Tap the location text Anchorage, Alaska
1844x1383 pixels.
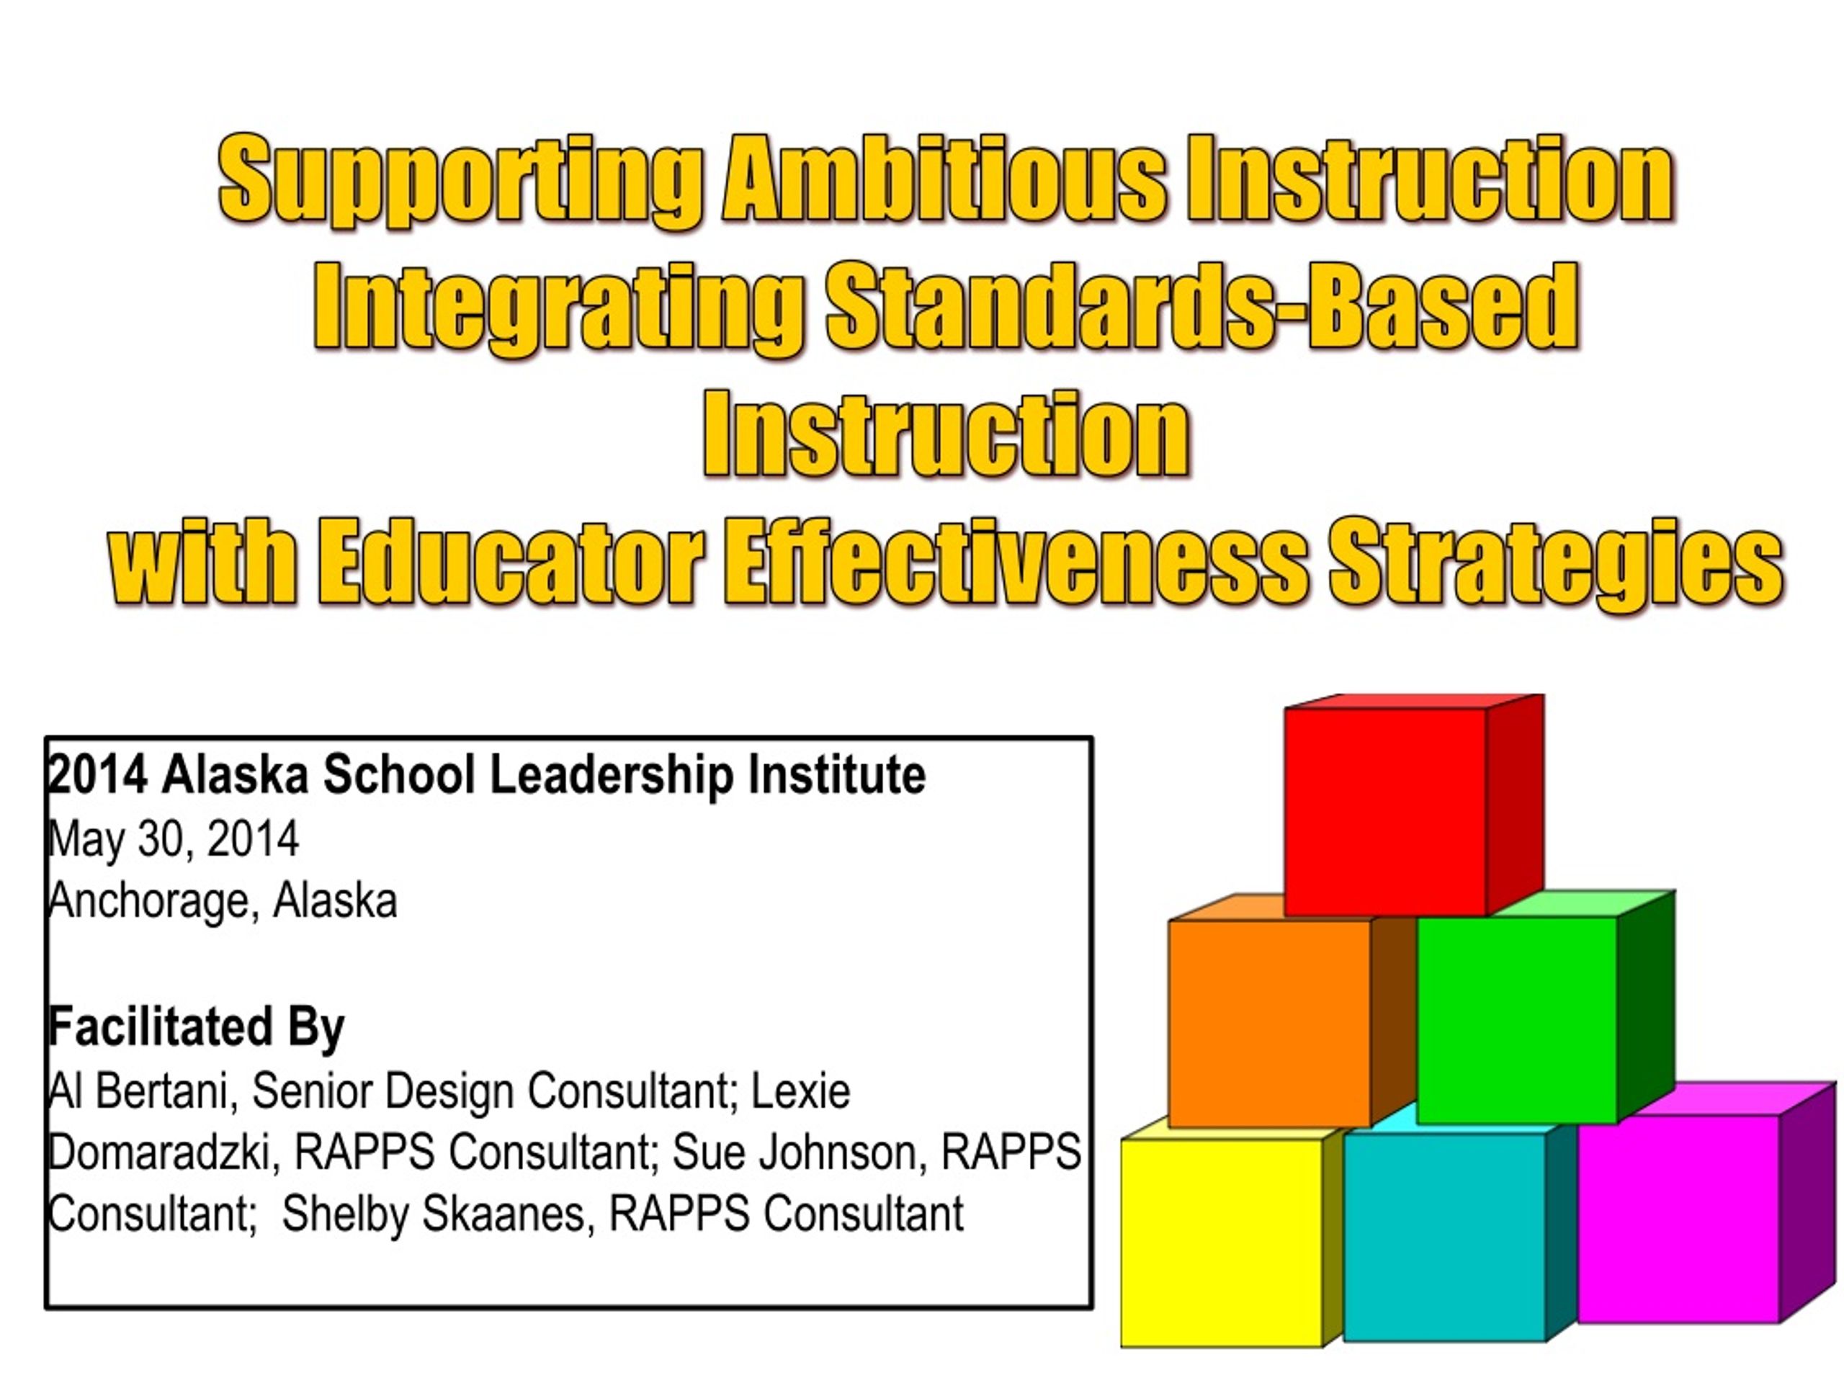[223, 901]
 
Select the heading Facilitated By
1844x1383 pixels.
[196, 1027]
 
